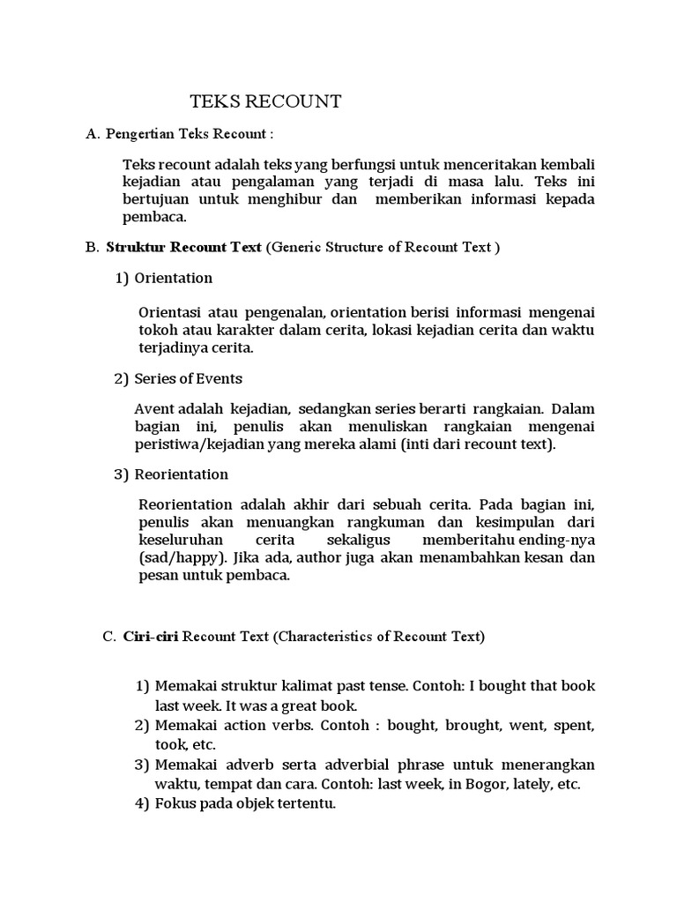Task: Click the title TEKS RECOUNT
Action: pyautogui.click(x=266, y=101)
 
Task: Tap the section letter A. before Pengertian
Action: pyautogui.click(x=93, y=134)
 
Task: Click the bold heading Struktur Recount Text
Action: pyautogui.click(x=183, y=247)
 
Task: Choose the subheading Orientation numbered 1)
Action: pyautogui.click(x=174, y=278)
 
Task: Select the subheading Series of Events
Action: pyautogui.click(x=188, y=378)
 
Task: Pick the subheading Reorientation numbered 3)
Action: pyautogui.click(x=181, y=474)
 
